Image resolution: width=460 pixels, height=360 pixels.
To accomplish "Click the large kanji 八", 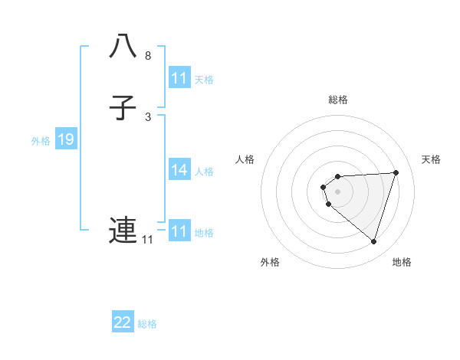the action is click(x=123, y=47).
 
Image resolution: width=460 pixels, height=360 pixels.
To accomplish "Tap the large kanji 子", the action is click(x=123, y=108).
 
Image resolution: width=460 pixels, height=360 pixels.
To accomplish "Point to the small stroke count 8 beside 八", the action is click(x=148, y=56).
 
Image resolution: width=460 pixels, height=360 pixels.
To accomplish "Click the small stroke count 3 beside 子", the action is click(x=148, y=117).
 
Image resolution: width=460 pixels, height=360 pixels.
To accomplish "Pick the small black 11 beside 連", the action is click(x=147, y=240).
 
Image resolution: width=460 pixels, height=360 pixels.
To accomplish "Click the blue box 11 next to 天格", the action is click(x=179, y=78).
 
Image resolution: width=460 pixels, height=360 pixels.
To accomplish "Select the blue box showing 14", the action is click(x=179, y=170).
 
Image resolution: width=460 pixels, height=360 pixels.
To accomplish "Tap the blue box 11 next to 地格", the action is click(x=179, y=231).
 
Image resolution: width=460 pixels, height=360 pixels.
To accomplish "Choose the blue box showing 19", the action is click(x=66, y=139).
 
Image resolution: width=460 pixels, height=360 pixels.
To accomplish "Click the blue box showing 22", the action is click(x=123, y=322).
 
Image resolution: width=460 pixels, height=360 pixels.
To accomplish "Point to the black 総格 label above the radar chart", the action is click(x=337, y=100).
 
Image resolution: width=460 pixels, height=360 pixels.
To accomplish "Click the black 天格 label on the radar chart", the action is click(x=432, y=159).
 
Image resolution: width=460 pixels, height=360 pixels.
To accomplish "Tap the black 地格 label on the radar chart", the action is click(x=402, y=262).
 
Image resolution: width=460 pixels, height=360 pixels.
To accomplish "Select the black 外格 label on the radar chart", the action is click(x=270, y=262).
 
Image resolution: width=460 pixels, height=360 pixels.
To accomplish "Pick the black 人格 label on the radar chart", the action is click(x=245, y=159).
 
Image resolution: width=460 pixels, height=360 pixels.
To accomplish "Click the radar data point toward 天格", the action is click(x=396, y=172).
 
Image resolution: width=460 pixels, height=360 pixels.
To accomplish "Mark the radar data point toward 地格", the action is click(x=373, y=242).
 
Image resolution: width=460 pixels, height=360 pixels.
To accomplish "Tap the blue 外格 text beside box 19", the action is click(x=41, y=141).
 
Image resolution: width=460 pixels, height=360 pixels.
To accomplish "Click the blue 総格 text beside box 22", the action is click(x=147, y=324).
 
